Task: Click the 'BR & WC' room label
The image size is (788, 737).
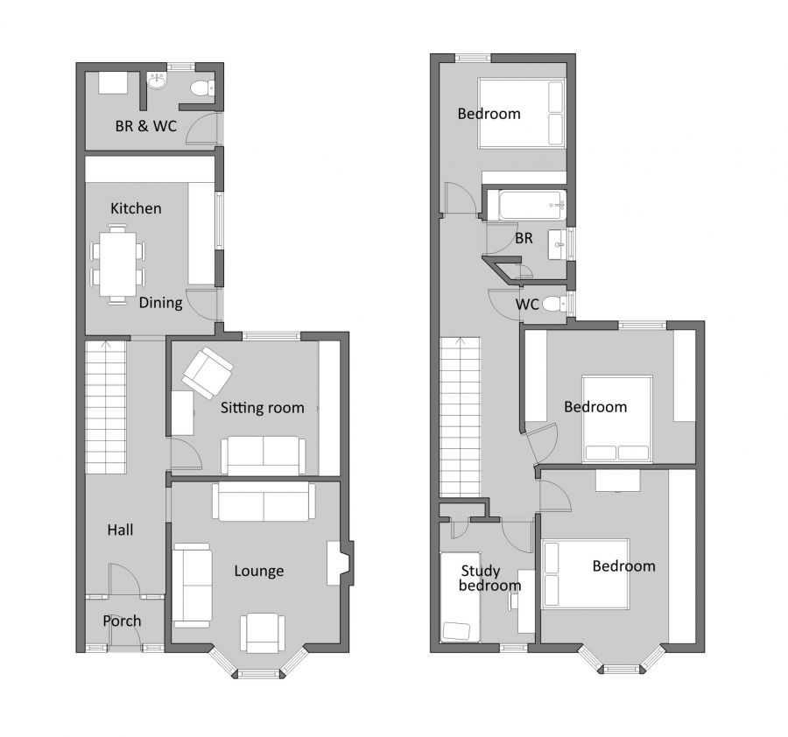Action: (145, 126)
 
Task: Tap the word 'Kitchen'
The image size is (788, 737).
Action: (136, 208)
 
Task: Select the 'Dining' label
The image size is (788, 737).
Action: (160, 303)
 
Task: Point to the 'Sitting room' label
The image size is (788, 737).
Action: (262, 407)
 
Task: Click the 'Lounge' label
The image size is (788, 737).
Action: (258, 571)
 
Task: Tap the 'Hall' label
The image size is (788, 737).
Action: (120, 530)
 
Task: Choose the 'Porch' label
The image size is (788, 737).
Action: (122, 621)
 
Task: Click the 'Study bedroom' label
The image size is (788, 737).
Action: (490, 579)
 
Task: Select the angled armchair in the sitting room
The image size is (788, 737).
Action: (208, 372)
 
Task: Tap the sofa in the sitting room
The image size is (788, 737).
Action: (263, 454)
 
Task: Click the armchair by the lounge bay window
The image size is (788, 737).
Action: (263, 632)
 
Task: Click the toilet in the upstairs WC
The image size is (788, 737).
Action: (552, 305)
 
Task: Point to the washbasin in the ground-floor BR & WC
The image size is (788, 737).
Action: (158, 82)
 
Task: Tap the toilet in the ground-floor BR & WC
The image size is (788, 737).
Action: (201, 87)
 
